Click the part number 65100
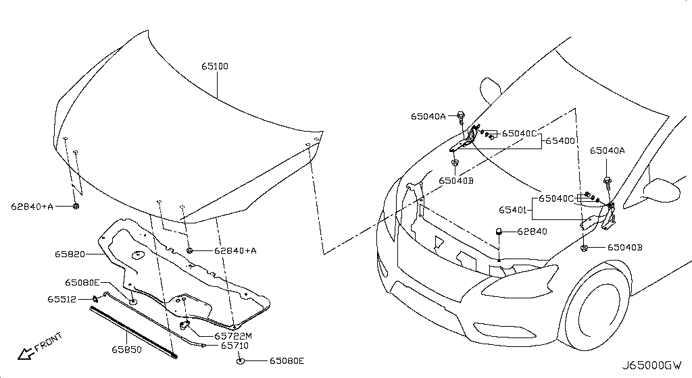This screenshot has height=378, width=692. pyautogui.click(x=214, y=67)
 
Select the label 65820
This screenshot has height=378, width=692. pyautogui.click(x=70, y=254)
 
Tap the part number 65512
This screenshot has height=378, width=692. pyautogui.click(x=62, y=298)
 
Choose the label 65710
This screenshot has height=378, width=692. pyautogui.click(x=234, y=346)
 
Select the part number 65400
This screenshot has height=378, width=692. pyautogui.click(x=560, y=142)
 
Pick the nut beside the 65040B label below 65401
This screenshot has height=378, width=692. pyautogui.click(x=583, y=248)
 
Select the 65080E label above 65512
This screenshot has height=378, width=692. pyautogui.click(x=82, y=282)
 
